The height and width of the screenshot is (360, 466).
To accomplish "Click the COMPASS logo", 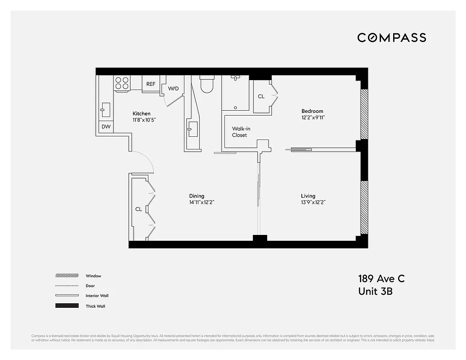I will pos(391,38).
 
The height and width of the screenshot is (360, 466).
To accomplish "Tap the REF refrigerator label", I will pos(151,84).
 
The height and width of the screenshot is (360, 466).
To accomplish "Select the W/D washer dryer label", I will pos(173,89).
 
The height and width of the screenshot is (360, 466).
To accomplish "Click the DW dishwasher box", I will pos(106,127).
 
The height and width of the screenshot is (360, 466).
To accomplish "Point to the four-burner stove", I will pos(121,83).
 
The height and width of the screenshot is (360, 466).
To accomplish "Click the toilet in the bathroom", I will pos(206,84).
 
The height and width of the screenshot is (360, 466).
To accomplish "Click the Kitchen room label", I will pos(141,114).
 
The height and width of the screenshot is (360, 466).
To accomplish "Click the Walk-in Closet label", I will pos(241,132).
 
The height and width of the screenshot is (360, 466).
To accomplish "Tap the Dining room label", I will pos(197,196).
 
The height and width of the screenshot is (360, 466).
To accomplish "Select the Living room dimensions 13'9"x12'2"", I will pos(313,202).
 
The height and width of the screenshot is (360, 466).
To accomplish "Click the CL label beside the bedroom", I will pos(261,97).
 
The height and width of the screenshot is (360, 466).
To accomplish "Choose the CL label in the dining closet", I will pos(139,209).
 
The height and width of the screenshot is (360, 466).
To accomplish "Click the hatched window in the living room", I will pos(364,207).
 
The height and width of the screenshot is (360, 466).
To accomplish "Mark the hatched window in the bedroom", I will pos(364,114).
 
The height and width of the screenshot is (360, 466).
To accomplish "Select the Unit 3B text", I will pos(375,292).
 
